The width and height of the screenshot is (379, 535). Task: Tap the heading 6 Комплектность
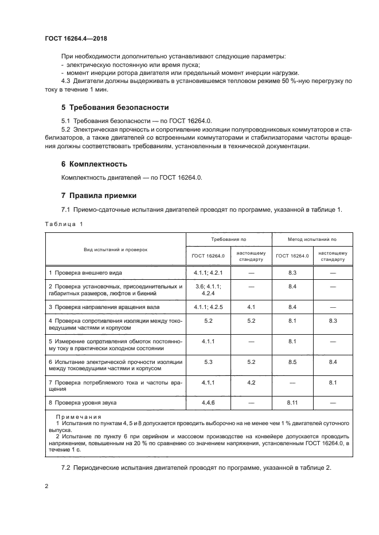click(x=94, y=164)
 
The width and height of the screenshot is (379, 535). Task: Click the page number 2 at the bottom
click(x=46, y=486)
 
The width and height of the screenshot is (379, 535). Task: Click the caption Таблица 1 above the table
click(x=64, y=224)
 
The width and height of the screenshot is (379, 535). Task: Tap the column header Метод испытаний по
click(x=312, y=239)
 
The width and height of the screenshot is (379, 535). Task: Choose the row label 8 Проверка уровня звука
click(x=83, y=403)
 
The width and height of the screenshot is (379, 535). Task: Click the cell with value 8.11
click(x=292, y=403)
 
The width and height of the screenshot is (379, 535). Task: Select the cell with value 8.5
click(x=292, y=362)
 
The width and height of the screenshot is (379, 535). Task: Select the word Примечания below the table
click(x=78, y=418)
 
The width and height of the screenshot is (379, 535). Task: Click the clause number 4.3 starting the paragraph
click(x=66, y=81)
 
